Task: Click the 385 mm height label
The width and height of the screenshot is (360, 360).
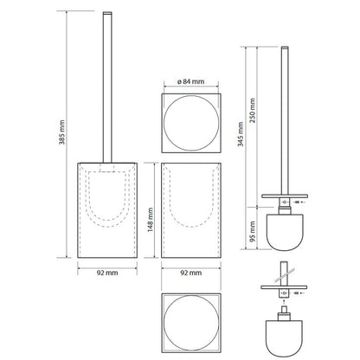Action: coord(61,132)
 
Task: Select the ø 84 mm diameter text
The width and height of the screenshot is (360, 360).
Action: coord(190,81)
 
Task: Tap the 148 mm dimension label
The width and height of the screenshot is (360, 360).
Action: coord(151,220)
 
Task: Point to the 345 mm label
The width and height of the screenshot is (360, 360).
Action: coord(241,134)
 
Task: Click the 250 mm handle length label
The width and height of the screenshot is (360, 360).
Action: coord(253,111)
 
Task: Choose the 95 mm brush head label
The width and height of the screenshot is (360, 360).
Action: coord(253,232)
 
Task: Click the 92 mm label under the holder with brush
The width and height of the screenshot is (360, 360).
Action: coord(107,273)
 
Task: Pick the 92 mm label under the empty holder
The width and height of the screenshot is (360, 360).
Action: coord(191,273)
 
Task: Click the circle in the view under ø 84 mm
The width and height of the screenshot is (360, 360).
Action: coord(164,123)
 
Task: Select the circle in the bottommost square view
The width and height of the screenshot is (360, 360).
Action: coord(164,324)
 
